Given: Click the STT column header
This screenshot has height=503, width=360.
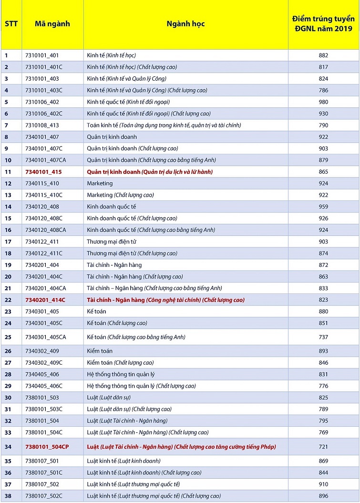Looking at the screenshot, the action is point(11,24).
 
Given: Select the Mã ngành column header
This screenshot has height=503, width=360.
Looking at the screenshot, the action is point(52,24).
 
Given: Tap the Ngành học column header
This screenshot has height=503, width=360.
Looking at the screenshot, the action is point(185,24).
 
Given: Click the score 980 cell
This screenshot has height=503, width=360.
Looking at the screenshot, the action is point(323,102).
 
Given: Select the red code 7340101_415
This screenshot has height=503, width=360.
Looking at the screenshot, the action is point(43,172).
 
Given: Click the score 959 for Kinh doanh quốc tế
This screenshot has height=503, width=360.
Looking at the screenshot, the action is point(323,207).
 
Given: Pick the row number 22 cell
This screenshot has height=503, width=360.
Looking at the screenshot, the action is point(8,300).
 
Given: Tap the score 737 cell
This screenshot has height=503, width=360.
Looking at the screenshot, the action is point(323,337).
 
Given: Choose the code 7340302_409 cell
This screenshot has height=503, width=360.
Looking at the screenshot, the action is point(42,351).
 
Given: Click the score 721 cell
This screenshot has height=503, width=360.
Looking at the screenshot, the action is point(323,447).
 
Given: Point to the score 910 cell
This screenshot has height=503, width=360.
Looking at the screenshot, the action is point(323,484).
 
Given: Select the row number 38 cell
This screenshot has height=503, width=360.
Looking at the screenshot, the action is point(8,496).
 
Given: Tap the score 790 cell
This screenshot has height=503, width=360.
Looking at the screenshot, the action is point(323,125).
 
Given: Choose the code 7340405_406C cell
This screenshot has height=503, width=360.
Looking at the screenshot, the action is point(44,386).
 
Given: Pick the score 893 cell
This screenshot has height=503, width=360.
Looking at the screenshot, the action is point(323,351).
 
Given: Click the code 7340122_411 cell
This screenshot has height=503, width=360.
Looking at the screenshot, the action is point(42,242).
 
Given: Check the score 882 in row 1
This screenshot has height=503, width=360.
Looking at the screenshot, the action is point(323,55).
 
